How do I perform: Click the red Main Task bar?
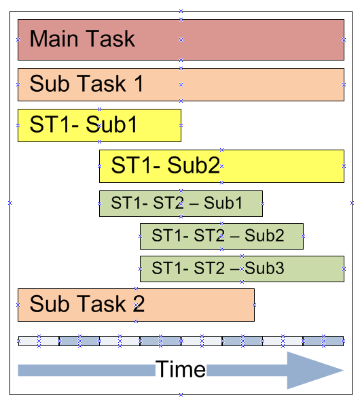[x=238, y=39]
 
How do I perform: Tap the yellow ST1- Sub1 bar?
[x=156, y=125]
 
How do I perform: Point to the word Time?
[x=181, y=369]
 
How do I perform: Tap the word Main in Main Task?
[x=56, y=39]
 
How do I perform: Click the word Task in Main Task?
[x=111, y=39]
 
